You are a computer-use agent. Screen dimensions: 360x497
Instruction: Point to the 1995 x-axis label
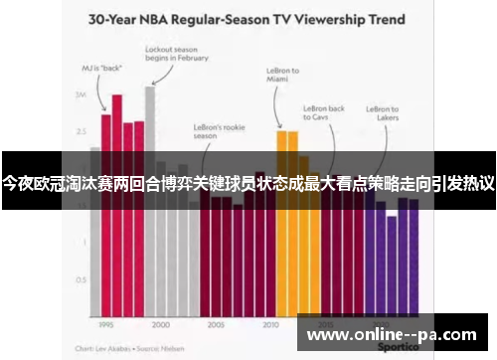[x=106, y=324]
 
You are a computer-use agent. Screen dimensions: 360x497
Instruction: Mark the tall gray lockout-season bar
[x=150, y=199]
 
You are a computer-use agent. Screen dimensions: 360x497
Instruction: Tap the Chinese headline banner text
[x=248, y=184]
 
